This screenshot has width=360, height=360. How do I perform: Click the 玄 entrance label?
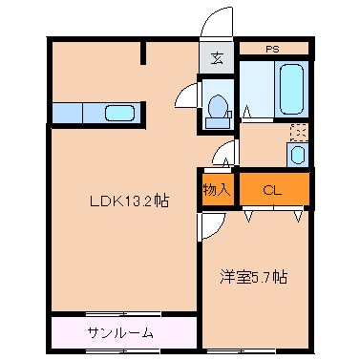(x=217, y=57)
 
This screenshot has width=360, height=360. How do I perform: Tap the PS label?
(x=273, y=47)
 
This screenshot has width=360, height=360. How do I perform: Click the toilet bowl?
(x=217, y=105)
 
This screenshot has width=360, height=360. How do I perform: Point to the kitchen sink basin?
(x=118, y=113)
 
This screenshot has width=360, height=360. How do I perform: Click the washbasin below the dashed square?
(x=297, y=154)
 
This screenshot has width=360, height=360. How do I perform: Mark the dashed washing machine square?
(x=297, y=132)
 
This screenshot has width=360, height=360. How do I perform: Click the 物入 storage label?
(x=216, y=189)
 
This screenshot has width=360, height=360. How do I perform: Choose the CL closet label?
(x=273, y=189)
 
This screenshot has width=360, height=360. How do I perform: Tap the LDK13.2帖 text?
(x=130, y=201)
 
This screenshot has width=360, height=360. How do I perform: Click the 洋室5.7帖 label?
(x=254, y=277)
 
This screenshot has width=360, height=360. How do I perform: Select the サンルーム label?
(x=120, y=333)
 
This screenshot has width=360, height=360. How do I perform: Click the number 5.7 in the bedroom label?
(x=264, y=277)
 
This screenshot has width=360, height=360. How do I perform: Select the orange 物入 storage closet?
(x=216, y=189)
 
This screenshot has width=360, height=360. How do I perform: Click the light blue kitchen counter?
(x=95, y=113)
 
